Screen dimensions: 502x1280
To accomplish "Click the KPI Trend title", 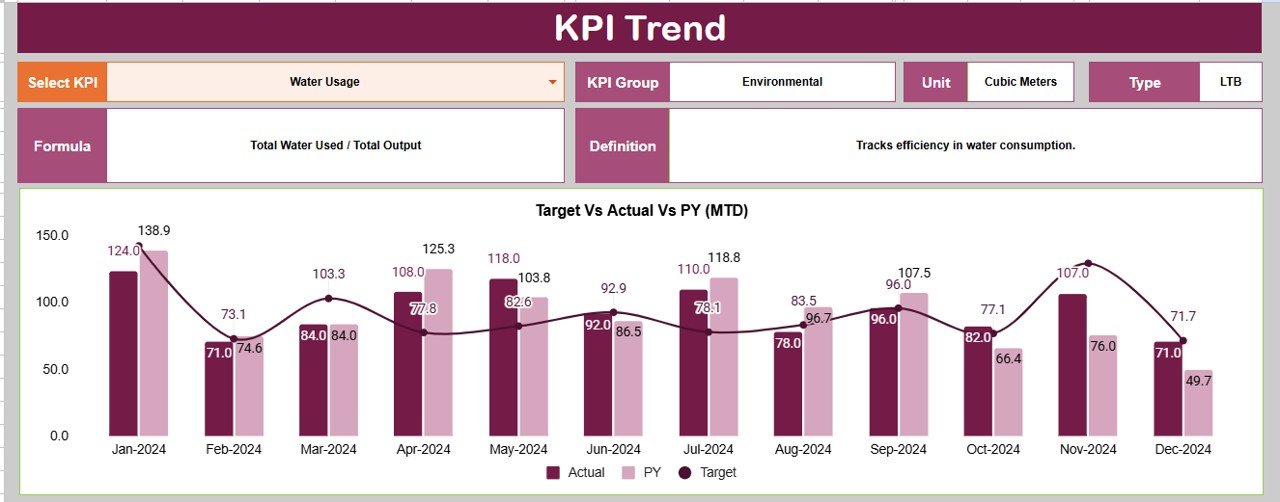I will (640, 28).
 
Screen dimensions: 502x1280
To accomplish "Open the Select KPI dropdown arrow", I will (552, 82).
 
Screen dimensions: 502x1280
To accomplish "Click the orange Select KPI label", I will (62, 82).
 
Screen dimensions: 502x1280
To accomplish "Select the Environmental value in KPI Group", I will (782, 82).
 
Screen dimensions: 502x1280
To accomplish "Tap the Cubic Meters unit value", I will (1020, 82).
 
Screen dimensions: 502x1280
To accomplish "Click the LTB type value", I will (1230, 82).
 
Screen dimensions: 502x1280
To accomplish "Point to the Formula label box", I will (62, 146).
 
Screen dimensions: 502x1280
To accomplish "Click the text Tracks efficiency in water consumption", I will (965, 146).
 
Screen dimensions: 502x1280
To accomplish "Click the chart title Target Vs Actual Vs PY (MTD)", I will (642, 211).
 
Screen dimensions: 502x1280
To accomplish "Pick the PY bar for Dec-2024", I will (1198, 402).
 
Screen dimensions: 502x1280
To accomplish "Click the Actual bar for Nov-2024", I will (1072, 365).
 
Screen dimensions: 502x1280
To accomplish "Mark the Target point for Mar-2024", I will (329, 298).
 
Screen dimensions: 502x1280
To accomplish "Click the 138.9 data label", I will (154, 231).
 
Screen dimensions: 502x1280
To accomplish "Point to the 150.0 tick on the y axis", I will (51, 235).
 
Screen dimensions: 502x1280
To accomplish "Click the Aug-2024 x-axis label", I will (803, 450).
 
